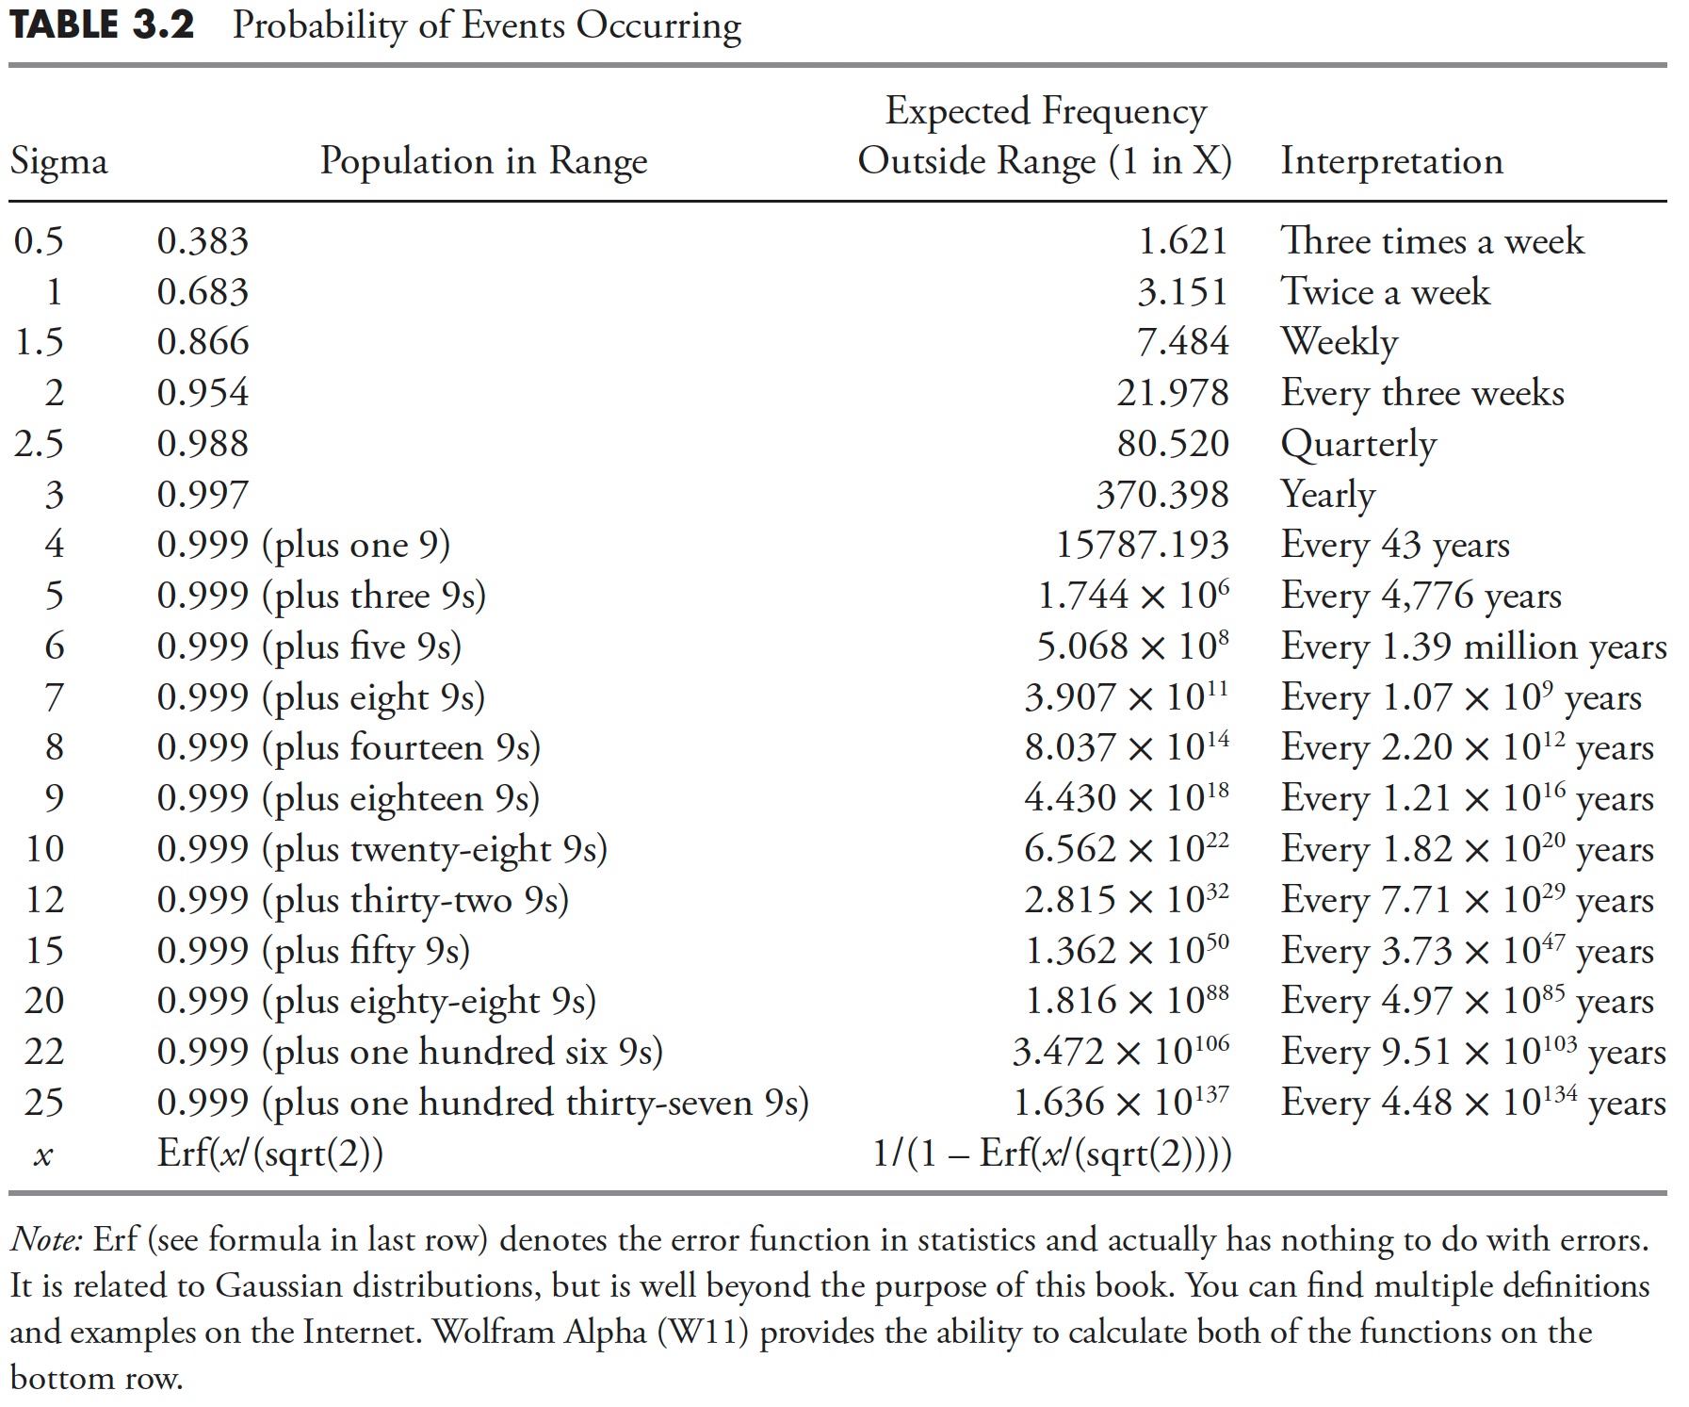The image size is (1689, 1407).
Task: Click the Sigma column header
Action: (x=58, y=162)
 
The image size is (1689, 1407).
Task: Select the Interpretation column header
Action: (x=1390, y=161)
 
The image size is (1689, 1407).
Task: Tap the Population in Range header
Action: (x=483, y=161)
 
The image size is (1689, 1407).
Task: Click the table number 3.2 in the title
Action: (x=163, y=25)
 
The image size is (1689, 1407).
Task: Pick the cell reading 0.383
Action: (x=203, y=241)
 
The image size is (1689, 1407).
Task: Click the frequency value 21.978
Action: (x=1173, y=393)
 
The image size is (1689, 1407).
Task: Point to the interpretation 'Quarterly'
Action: (x=1357, y=444)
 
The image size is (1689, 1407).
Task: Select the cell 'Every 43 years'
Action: (x=1394, y=545)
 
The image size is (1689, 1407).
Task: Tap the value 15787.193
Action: (x=1142, y=545)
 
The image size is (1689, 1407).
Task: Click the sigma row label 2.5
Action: (x=39, y=444)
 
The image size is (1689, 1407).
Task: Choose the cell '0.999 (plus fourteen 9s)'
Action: (x=349, y=747)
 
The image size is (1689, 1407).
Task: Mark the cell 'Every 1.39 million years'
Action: (x=1473, y=646)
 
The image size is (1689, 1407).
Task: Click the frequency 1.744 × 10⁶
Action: (x=1133, y=595)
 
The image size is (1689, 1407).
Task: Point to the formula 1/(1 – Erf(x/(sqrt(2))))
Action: (x=1052, y=1153)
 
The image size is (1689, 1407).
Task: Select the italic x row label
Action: (x=42, y=1155)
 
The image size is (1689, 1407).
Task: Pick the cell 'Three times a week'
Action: (x=1432, y=241)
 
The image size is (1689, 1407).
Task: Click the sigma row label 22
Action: (x=44, y=1052)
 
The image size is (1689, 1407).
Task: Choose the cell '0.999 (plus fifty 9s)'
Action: (x=313, y=951)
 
